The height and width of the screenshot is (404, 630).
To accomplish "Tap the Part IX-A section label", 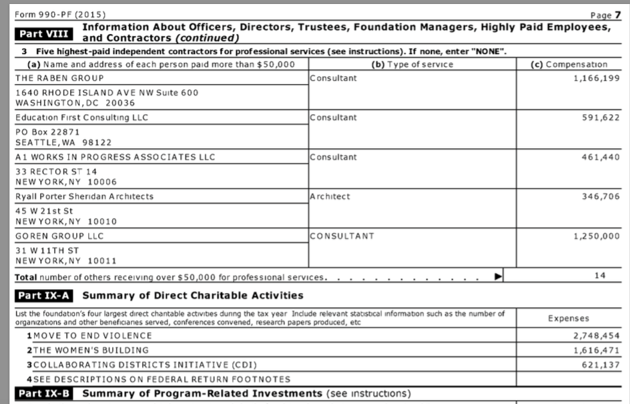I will (x=45, y=295).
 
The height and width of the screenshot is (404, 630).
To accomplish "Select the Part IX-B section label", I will (x=45, y=394).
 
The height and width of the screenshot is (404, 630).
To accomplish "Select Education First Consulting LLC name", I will (x=81, y=118).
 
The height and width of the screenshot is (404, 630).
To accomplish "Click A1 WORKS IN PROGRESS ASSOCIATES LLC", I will (x=115, y=157).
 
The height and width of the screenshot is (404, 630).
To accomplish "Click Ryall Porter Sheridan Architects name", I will (x=84, y=196).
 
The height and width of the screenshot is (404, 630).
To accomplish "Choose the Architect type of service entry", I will (x=330, y=196).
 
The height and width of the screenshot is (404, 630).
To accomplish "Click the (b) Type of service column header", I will (x=412, y=64).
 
